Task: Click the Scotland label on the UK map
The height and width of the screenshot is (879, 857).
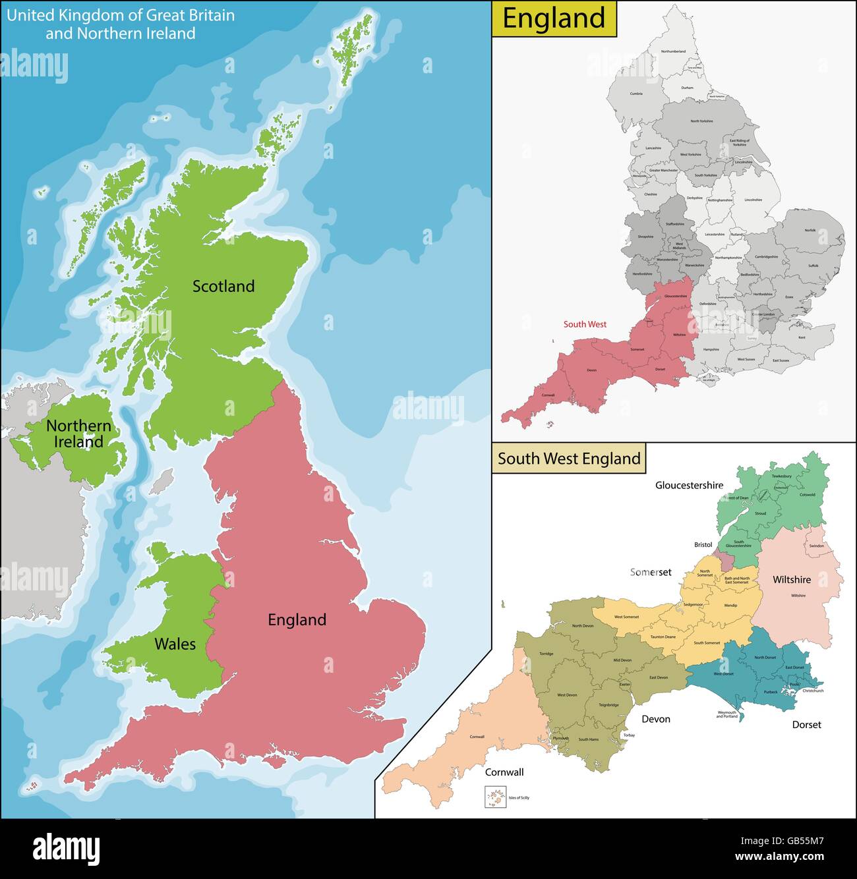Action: click(223, 286)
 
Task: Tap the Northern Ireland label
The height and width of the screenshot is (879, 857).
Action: click(78, 434)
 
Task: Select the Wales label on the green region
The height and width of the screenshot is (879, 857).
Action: click(175, 644)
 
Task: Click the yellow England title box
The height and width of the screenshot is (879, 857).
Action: click(554, 18)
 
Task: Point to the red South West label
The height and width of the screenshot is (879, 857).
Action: click(585, 324)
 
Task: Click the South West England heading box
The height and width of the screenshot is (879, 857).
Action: click(569, 459)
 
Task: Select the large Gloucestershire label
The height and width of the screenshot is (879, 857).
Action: click(689, 485)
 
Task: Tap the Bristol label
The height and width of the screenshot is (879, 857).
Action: click(703, 545)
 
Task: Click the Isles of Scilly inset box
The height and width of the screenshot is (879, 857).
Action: click(493, 798)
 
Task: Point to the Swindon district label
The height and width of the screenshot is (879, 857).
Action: click(816, 546)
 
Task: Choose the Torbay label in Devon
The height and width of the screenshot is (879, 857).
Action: click(629, 735)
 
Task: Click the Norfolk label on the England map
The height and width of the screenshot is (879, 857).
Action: click(810, 230)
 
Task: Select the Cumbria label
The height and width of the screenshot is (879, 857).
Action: click(636, 94)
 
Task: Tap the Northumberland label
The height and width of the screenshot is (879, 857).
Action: click(673, 51)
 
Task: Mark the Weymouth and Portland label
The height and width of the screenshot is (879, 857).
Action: click(727, 714)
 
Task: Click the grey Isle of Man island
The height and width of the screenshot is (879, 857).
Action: click(162, 482)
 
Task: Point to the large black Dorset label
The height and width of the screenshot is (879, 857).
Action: click(806, 724)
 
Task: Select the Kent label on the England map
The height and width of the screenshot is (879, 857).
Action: click(802, 337)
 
